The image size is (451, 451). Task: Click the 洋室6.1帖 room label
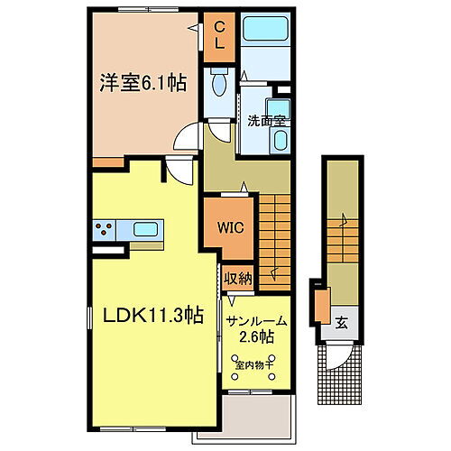143,83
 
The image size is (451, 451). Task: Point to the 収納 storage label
238,278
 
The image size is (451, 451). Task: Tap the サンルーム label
255,321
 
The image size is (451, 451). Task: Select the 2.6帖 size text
255,339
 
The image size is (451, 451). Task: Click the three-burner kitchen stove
106,228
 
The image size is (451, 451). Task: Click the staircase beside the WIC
276,239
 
